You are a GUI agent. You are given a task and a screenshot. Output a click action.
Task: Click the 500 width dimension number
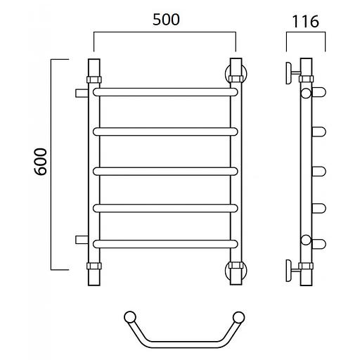[166, 20]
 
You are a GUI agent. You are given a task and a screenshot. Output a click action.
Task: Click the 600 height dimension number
[41, 162]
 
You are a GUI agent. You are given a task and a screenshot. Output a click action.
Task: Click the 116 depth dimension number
[305, 22]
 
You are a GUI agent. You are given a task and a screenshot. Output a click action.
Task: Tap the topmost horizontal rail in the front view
[165, 92]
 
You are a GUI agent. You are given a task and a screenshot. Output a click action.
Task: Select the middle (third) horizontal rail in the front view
[165, 172]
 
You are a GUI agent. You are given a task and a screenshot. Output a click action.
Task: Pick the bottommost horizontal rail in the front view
[165, 244]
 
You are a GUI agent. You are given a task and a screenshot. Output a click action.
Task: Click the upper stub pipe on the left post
[82, 93]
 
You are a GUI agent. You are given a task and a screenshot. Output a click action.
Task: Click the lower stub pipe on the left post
[82, 240]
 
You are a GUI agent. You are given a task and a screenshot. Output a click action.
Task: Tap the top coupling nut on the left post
[94, 79]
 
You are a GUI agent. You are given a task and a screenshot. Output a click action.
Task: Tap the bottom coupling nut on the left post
[94, 266]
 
